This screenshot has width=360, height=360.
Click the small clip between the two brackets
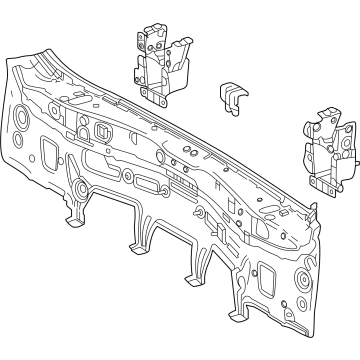pyautogui.click(x=231, y=97)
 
